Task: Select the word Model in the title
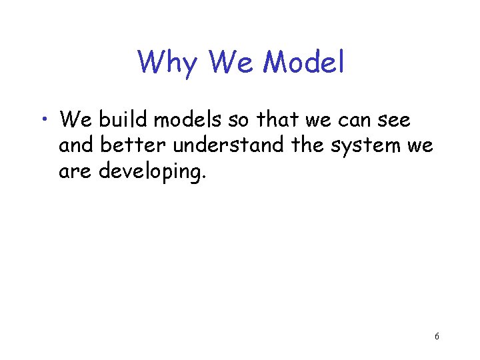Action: [x=304, y=63]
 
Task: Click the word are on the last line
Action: [x=76, y=171]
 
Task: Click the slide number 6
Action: [x=437, y=337]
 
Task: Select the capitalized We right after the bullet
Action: [x=77, y=120]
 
